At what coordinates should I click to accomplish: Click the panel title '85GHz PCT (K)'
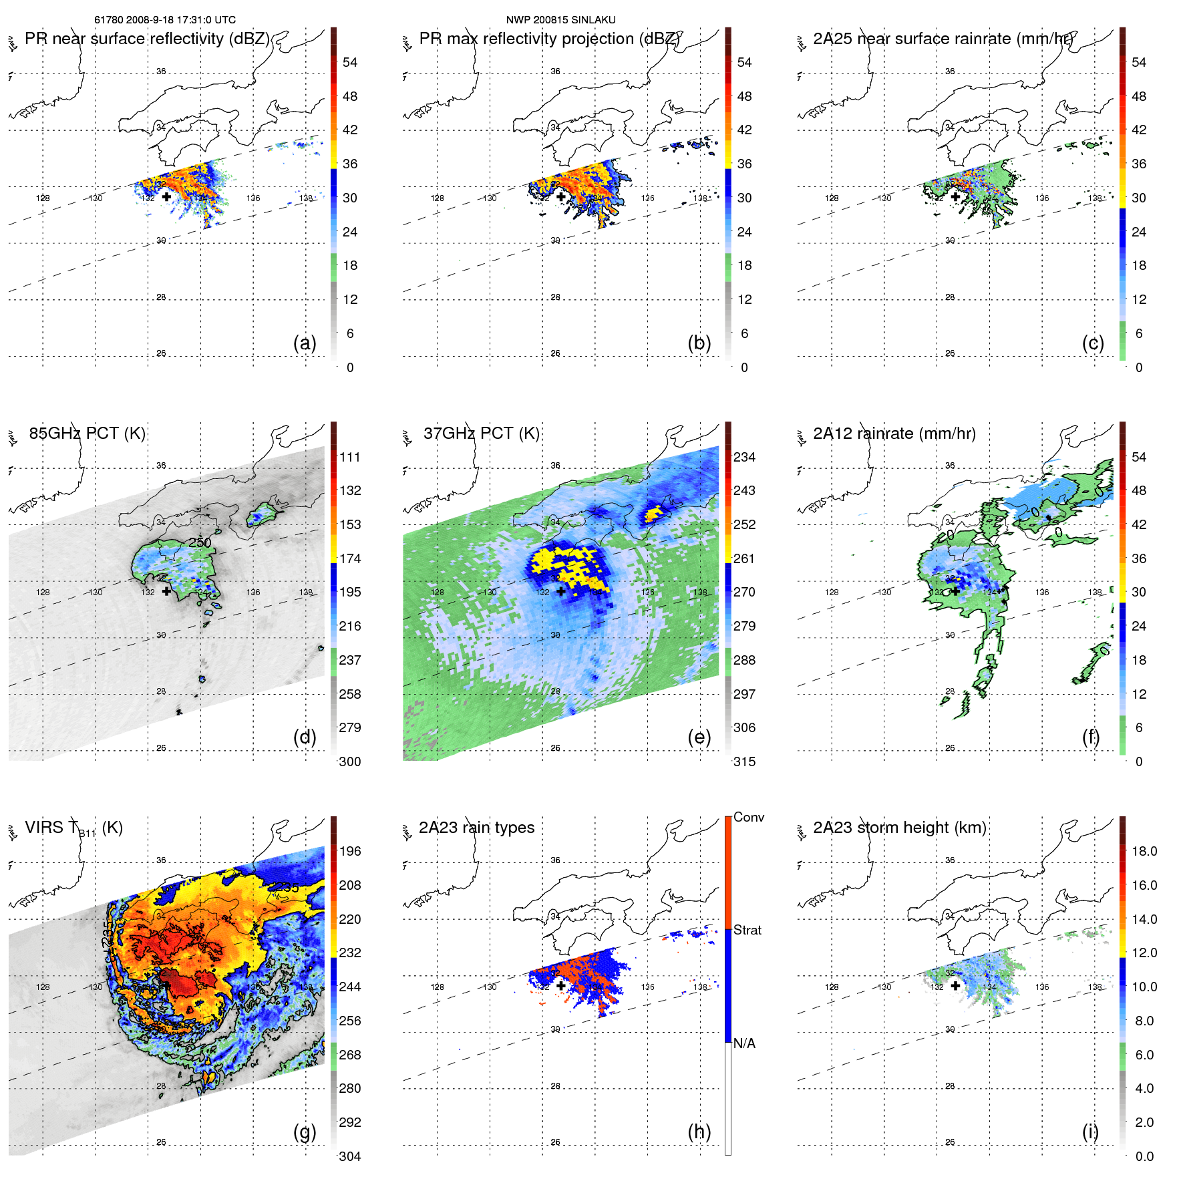click(x=87, y=434)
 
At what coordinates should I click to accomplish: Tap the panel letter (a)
click(x=305, y=343)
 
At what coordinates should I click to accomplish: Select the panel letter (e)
click(x=699, y=737)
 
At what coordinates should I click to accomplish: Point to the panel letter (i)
click(x=1090, y=1132)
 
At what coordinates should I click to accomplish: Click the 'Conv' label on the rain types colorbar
click(x=748, y=817)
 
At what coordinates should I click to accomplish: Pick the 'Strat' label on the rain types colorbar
click(x=747, y=930)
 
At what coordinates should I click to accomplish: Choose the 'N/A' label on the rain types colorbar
click(x=744, y=1043)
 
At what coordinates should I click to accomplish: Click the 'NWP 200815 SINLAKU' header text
click(x=560, y=20)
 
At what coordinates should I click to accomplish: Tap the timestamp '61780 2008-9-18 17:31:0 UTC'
click(x=164, y=20)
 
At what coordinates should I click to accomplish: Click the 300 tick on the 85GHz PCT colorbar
click(x=349, y=762)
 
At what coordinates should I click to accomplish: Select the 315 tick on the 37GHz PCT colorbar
click(x=744, y=762)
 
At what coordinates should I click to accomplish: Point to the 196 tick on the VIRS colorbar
click(x=349, y=851)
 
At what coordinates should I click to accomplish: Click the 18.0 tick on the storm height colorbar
click(x=1144, y=851)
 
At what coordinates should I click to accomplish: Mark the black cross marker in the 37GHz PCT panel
click(x=561, y=591)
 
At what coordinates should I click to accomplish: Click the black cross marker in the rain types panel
click(x=561, y=985)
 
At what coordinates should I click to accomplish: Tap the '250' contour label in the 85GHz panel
click(x=200, y=542)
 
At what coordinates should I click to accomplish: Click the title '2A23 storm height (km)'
click(x=899, y=828)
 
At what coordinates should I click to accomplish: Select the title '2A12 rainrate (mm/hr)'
click(x=894, y=434)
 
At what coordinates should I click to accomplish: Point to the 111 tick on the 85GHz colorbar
click(x=349, y=457)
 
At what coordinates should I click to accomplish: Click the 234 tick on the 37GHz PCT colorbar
click(x=744, y=457)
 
